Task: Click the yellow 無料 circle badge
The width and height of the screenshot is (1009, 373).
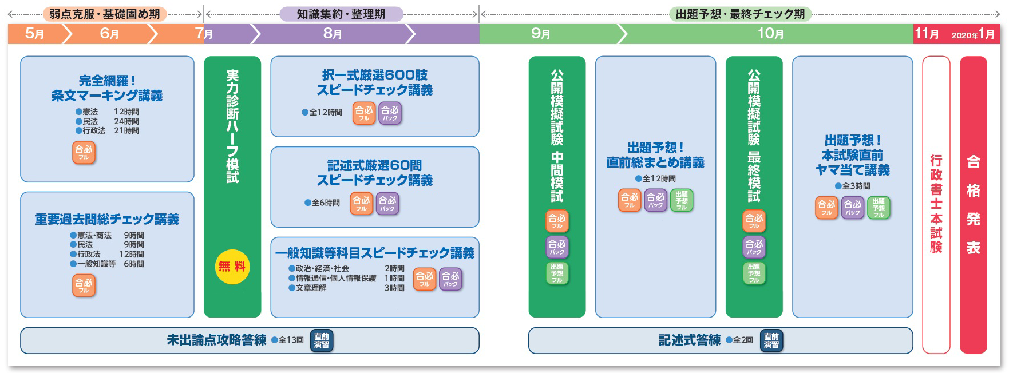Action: (x=232, y=267)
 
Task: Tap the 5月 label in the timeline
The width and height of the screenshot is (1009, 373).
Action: (x=35, y=34)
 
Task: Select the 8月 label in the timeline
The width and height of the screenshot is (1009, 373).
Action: (x=333, y=34)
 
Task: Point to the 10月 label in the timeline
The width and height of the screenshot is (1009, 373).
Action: (x=770, y=34)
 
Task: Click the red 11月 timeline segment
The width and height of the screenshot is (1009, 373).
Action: (x=927, y=34)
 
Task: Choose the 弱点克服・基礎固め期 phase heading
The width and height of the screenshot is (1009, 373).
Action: (x=105, y=14)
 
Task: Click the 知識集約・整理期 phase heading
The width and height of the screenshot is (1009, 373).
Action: (x=341, y=14)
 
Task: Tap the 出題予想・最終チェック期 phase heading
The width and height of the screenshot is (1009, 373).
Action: (x=740, y=14)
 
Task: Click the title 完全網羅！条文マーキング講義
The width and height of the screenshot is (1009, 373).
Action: (x=107, y=88)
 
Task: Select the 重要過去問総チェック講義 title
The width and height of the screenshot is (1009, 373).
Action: (x=107, y=219)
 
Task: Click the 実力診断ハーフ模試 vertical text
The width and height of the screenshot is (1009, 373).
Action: (x=232, y=126)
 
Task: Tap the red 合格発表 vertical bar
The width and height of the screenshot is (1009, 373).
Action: (x=973, y=204)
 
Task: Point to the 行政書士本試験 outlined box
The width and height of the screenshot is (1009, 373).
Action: (x=936, y=204)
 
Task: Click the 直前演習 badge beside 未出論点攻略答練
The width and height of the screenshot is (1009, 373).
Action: (x=322, y=340)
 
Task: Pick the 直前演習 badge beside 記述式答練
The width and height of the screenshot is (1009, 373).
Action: (x=771, y=340)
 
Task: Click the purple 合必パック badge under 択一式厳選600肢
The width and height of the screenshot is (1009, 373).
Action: (x=390, y=113)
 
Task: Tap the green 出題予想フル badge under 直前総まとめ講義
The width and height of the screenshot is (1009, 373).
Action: (x=681, y=200)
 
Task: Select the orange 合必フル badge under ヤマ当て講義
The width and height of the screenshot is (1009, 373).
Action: (x=826, y=208)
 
